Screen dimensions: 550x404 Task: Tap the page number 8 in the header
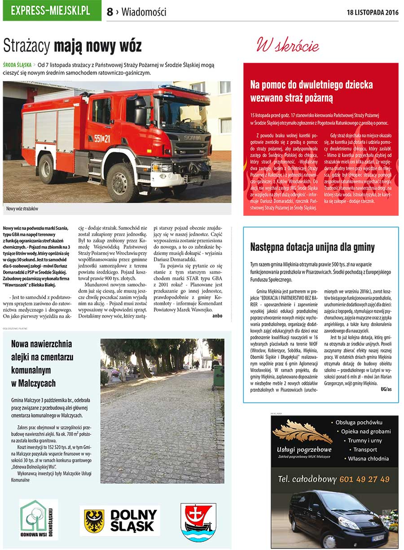coord(110,12)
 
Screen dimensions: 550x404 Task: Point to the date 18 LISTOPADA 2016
coord(372,12)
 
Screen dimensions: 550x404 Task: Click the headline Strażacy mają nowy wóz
coord(72,46)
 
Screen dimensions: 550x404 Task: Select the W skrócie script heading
coord(287,45)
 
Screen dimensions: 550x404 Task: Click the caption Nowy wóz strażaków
coord(22,209)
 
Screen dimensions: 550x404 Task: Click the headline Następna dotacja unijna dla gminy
coord(312,247)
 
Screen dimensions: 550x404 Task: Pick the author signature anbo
coord(217,316)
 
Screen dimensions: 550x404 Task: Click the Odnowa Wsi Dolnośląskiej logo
coord(39,519)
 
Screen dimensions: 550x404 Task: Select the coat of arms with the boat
coord(198,521)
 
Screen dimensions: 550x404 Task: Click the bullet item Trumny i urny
coord(364,441)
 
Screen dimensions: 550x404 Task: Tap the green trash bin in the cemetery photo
coord(218,376)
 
